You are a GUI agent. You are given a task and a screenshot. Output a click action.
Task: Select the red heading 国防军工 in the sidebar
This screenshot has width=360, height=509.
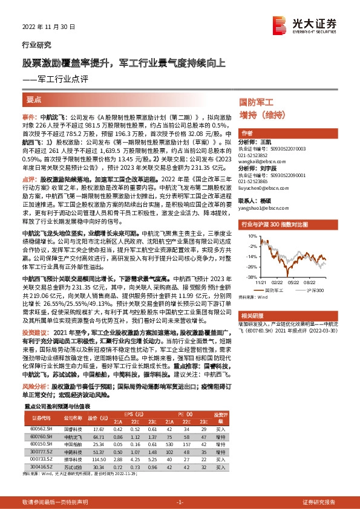(257, 104)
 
